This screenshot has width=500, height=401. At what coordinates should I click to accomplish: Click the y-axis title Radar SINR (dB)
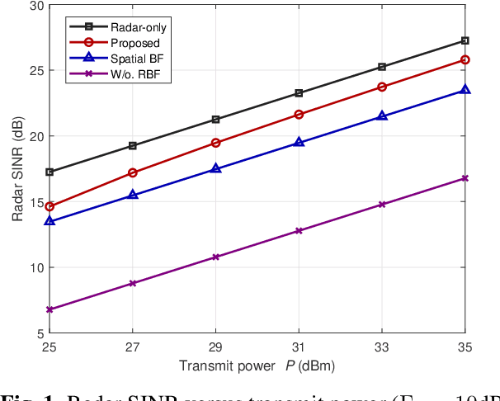coord(17,169)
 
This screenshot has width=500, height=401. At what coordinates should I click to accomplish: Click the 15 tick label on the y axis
coord(35,202)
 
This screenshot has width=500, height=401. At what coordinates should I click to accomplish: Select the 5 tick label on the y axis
coord(38,333)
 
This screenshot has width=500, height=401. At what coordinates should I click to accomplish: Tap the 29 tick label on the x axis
coord(215,348)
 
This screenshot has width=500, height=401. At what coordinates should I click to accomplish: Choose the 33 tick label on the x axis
coord(382,348)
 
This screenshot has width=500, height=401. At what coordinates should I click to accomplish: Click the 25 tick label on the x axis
coord(50,348)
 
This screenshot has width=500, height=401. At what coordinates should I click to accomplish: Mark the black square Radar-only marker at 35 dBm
coord(465,40)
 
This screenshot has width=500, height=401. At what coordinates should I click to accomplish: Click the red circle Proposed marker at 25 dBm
coord(50,206)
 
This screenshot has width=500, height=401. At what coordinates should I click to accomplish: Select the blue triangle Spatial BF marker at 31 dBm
coord(299,143)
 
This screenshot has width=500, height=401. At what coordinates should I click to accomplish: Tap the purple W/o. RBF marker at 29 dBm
coord(215,257)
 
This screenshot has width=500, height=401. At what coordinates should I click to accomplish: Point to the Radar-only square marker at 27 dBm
coord(133,146)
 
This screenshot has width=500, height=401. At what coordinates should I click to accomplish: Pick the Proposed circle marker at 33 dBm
coord(382,87)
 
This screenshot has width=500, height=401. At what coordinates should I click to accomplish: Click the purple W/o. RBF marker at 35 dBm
coord(465,178)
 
